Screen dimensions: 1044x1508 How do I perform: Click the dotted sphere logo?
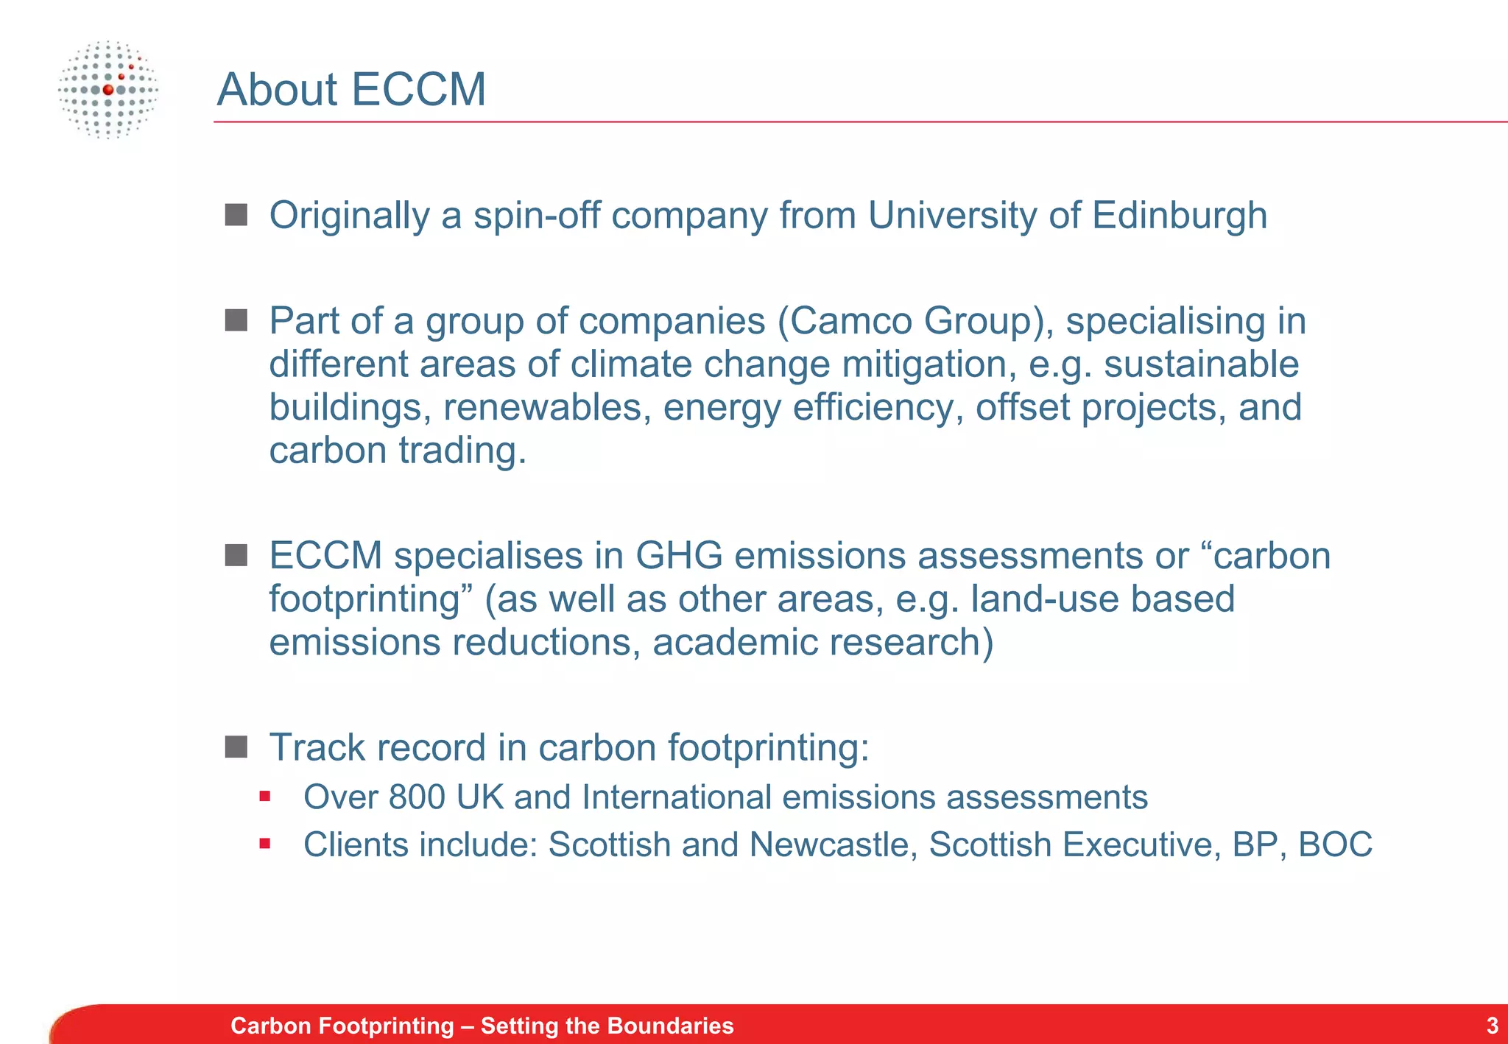(x=108, y=90)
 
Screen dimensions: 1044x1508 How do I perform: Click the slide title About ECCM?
(x=351, y=90)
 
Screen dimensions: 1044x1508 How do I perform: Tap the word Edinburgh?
(x=1179, y=216)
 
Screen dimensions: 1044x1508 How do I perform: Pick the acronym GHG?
(x=679, y=556)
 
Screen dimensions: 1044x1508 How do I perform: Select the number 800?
(x=417, y=797)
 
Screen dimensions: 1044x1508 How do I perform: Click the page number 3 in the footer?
(x=1492, y=1026)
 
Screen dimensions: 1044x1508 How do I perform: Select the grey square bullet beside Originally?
(x=236, y=215)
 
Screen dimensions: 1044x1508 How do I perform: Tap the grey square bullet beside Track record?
(x=236, y=747)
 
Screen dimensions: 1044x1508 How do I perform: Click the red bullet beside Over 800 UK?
(x=265, y=796)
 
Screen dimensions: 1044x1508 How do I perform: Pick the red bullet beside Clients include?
(x=265, y=843)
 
